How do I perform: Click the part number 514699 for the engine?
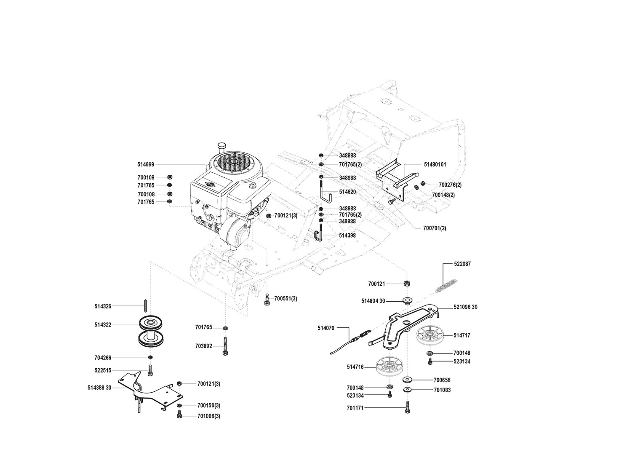tap(146, 165)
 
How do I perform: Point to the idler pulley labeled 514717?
tap(430, 335)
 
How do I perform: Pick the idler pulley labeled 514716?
tap(390, 367)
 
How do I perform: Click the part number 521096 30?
tap(466, 307)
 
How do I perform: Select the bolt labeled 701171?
tap(407, 407)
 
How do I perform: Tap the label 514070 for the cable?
tap(326, 328)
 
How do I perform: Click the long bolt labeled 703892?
tap(225, 346)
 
